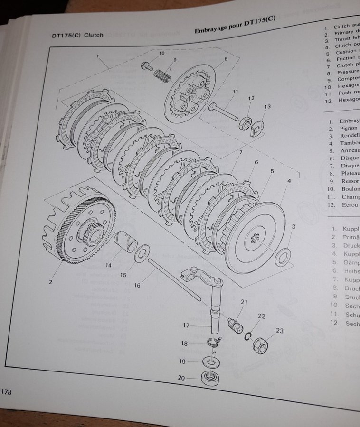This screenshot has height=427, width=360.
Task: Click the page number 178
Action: [7, 392]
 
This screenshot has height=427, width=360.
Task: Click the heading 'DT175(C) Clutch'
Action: [77, 35]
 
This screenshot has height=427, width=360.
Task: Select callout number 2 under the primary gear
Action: [50, 282]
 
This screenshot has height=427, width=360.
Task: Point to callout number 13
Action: [267, 107]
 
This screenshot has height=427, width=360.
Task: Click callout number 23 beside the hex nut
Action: [279, 331]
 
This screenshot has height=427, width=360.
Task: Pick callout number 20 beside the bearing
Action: [181, 378]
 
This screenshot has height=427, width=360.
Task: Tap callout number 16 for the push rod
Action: [137, 285]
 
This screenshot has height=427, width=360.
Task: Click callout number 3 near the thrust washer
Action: [294, 227]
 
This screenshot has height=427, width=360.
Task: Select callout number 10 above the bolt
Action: [162, 54]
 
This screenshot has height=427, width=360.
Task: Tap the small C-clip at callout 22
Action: [247, 335]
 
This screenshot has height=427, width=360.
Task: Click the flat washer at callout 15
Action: [141, 256]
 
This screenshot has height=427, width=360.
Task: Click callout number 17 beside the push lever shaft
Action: [186, 325]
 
